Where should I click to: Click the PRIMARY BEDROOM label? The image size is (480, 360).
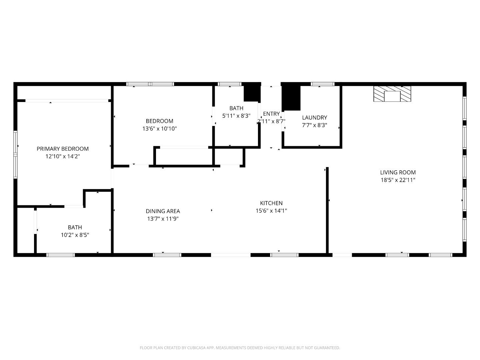pyautogui.click(x=63, y=149)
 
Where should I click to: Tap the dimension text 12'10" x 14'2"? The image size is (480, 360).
pyautogui.click(x=63, y=156)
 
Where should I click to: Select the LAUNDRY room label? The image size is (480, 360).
pyautogui.click(x=314, y=117)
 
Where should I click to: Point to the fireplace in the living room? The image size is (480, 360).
pyautogui.click(x=392, y=94)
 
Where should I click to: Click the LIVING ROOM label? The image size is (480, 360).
pyautogui.click(x=398, y=172)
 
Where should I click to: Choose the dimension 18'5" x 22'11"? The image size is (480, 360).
pyautogui.click(x=398, y=180)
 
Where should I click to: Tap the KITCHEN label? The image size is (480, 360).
pyautogui.click(x=271, y=203)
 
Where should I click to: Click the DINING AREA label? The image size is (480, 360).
pyautogui.click(x=163, y=211)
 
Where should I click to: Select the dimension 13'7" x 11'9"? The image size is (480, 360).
pyautogui.click(x=163, y=219)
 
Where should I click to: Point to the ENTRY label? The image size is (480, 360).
pyautogui.click(x=271, y=114)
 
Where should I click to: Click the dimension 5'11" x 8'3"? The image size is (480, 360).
pyautogui.click(x=236, y=116)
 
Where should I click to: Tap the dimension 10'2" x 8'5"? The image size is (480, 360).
pyautogui.click(x=75, y=235)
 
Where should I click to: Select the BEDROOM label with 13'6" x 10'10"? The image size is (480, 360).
pyautogui.click(x=159, y=121)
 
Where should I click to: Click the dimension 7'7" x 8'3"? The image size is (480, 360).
pyautogui.click(x=314, y=125)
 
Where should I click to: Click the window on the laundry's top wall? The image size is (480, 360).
pyautogui.click(x=322, y=84)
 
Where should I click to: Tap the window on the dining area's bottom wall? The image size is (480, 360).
pyautogui.click(x=167, y=255)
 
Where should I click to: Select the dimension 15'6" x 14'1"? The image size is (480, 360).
pyautogui.click(x=271, y=211)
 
